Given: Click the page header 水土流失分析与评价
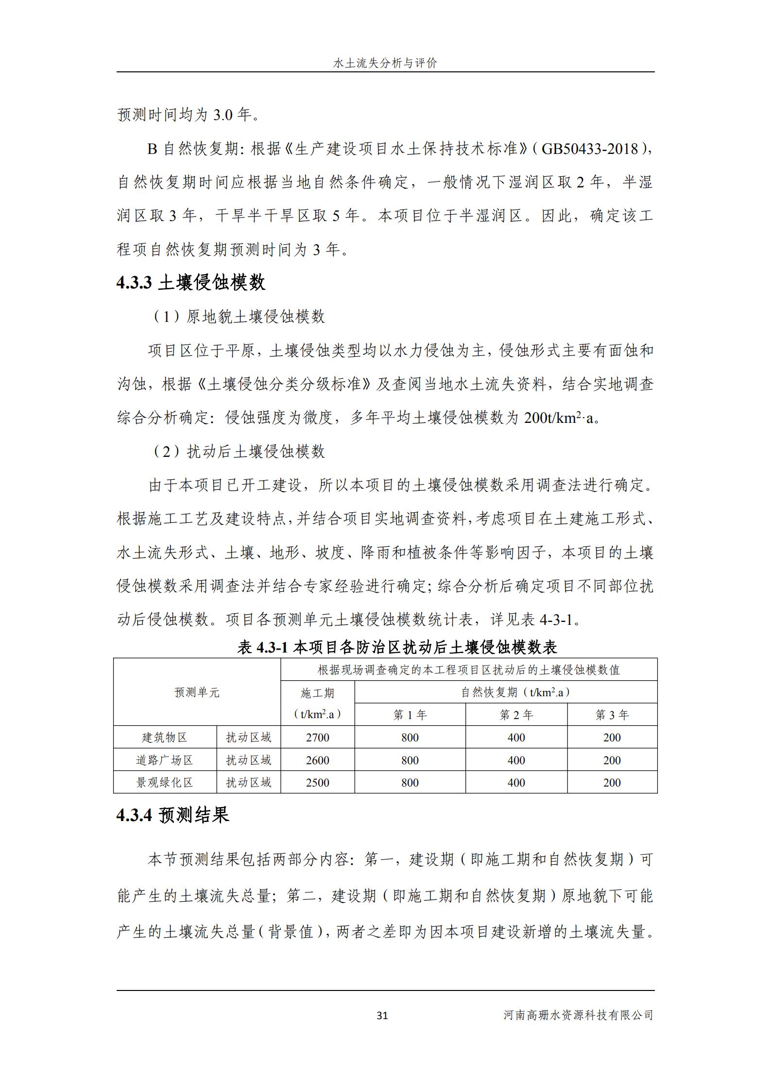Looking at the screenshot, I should coord(385,63).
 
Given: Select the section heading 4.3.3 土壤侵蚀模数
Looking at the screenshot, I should coord(191,282).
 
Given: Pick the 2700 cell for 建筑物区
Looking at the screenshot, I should coord(317,738).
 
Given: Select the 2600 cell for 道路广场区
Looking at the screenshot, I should coord(317,760).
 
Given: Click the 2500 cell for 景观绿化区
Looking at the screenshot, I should coord(317,783).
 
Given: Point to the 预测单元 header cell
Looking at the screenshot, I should coord(197,692).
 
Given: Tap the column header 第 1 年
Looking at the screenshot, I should coord(410,715).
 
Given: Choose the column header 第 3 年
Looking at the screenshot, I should coord(612,715).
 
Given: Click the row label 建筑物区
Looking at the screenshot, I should coord(165,738).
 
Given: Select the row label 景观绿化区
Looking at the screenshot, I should coord(165,783).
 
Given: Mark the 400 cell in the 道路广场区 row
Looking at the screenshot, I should coord(516,760).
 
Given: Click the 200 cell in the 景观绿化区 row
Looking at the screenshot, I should coord(612,783).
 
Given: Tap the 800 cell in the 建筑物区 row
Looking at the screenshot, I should coord(410,738).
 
